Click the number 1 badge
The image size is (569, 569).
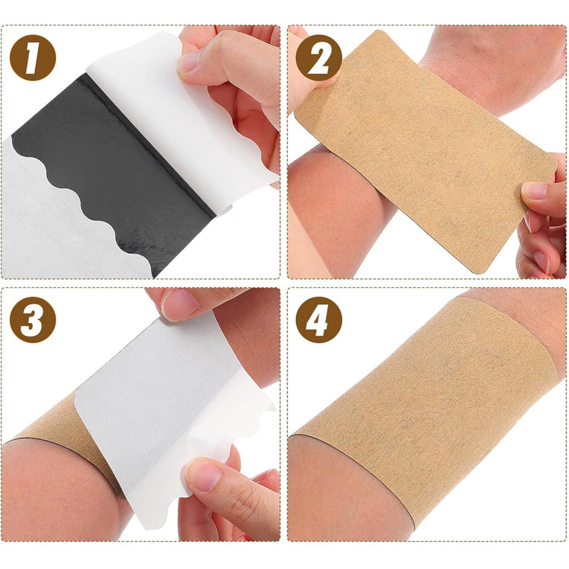coord(32,56)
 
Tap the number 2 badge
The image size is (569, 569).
coord(318,56)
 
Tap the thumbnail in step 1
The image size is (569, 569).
coord(191,62)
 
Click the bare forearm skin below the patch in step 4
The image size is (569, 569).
coord(341,498)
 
